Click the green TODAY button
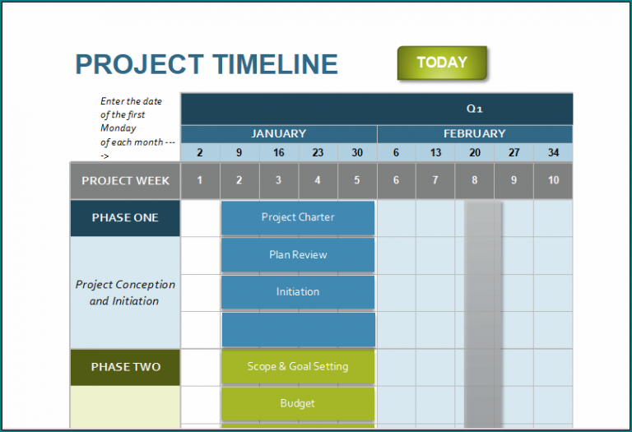coord(442,63)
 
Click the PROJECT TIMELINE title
coord(207,64)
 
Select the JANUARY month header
coord(278,133)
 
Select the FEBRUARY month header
coord(474,133)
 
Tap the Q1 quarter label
coord(474,109)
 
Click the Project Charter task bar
coord(298,217)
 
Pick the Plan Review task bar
coord(298,255)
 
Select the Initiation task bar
coord(298,292)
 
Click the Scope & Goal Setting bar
coord(298,366)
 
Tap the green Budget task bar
coord(298,404)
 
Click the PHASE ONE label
coord(125,218)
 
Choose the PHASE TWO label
coord(125,367)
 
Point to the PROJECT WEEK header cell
coord(125,181)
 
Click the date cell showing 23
coord(318,152)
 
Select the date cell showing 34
coord(553,152)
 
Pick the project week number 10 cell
coord(553,181)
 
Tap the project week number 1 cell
coord(200,181)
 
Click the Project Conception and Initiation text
coord(125,292)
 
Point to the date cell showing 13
coord(435,152)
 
